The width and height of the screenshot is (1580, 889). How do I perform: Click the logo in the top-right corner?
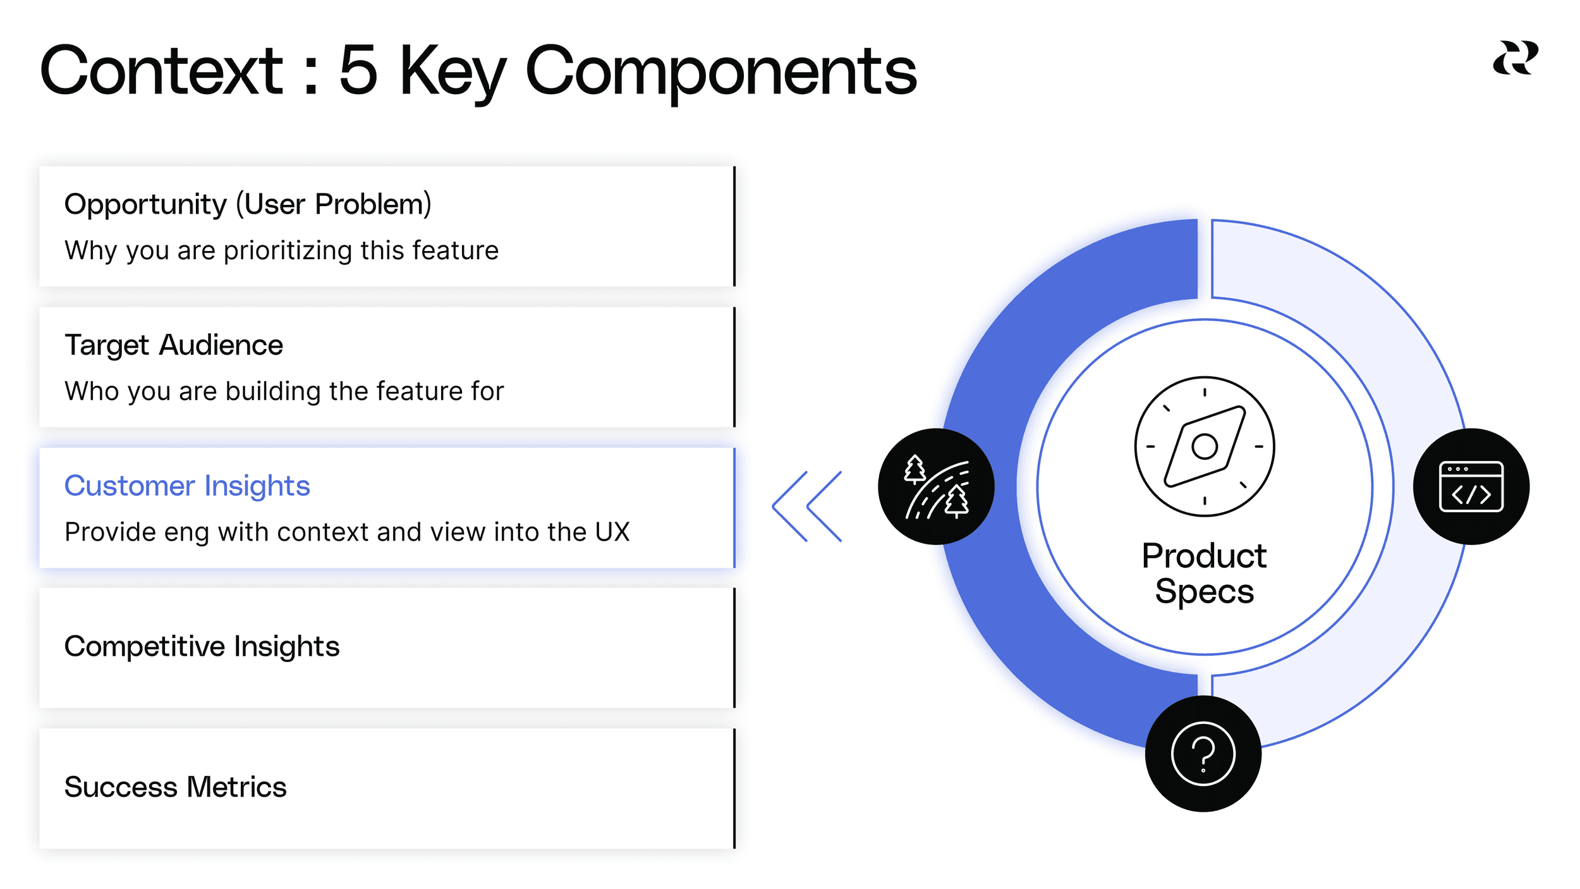(x=1515, y=58)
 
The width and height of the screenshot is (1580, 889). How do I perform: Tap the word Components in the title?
(x=720, y=72)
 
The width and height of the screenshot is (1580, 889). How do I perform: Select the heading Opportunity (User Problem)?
(x=248, y=204)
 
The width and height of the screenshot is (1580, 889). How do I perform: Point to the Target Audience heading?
(x=174, y=345)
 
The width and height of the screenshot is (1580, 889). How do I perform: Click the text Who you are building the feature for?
(x=284, y=391)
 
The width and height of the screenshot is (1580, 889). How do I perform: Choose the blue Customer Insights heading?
(x=187, y=486)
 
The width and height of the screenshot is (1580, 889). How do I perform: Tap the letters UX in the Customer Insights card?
(x=612, y=532)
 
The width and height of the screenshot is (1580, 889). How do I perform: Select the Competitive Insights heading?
(x=202, y=646)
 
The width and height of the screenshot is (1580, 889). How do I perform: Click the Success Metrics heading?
(x=175, y=787)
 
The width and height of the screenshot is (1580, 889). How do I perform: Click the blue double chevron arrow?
(x=807, y=506)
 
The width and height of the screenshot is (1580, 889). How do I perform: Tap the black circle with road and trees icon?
(x=936, y=486)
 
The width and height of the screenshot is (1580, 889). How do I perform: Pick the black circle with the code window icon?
(x=1471, y=486)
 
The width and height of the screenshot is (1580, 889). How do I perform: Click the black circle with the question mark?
(x=1203, y=754)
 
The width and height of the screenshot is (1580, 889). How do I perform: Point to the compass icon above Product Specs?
(x=1204, y=446)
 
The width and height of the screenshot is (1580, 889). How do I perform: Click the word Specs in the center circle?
(x=1204, y=592)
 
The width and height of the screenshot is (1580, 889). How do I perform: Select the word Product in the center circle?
(x=1204, y=556)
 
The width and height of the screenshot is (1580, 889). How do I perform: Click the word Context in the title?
(x=161, y=71)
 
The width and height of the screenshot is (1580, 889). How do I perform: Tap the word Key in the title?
(x=452, y=72)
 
